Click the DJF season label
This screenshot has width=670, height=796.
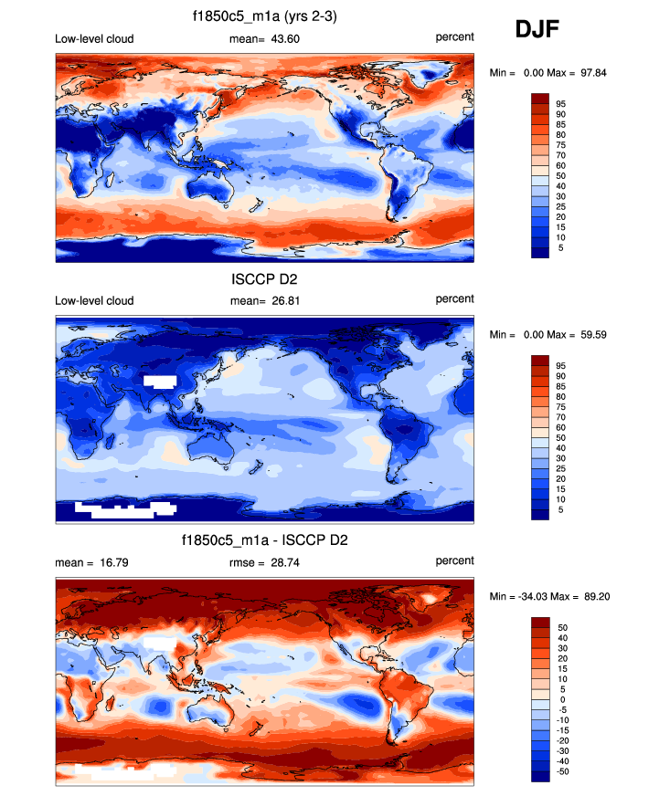537,30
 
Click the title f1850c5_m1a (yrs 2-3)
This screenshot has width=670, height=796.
265,16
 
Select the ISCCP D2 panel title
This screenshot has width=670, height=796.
265,279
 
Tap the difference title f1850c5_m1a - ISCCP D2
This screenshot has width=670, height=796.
265,540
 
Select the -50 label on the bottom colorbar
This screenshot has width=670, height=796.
564,771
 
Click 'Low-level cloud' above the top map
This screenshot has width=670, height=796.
94,37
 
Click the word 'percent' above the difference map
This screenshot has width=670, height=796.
454,560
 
